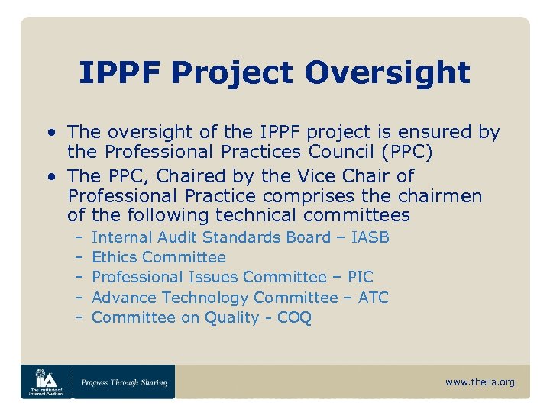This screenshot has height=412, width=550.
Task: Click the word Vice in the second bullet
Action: (x=315, y=176)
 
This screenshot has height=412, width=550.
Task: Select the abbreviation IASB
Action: (x=370, y=237)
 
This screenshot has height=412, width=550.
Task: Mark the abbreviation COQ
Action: (x=294, y=317)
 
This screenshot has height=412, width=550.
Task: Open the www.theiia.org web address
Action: (x=480, y=381)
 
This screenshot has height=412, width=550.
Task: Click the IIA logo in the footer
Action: (x=46, y=381)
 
